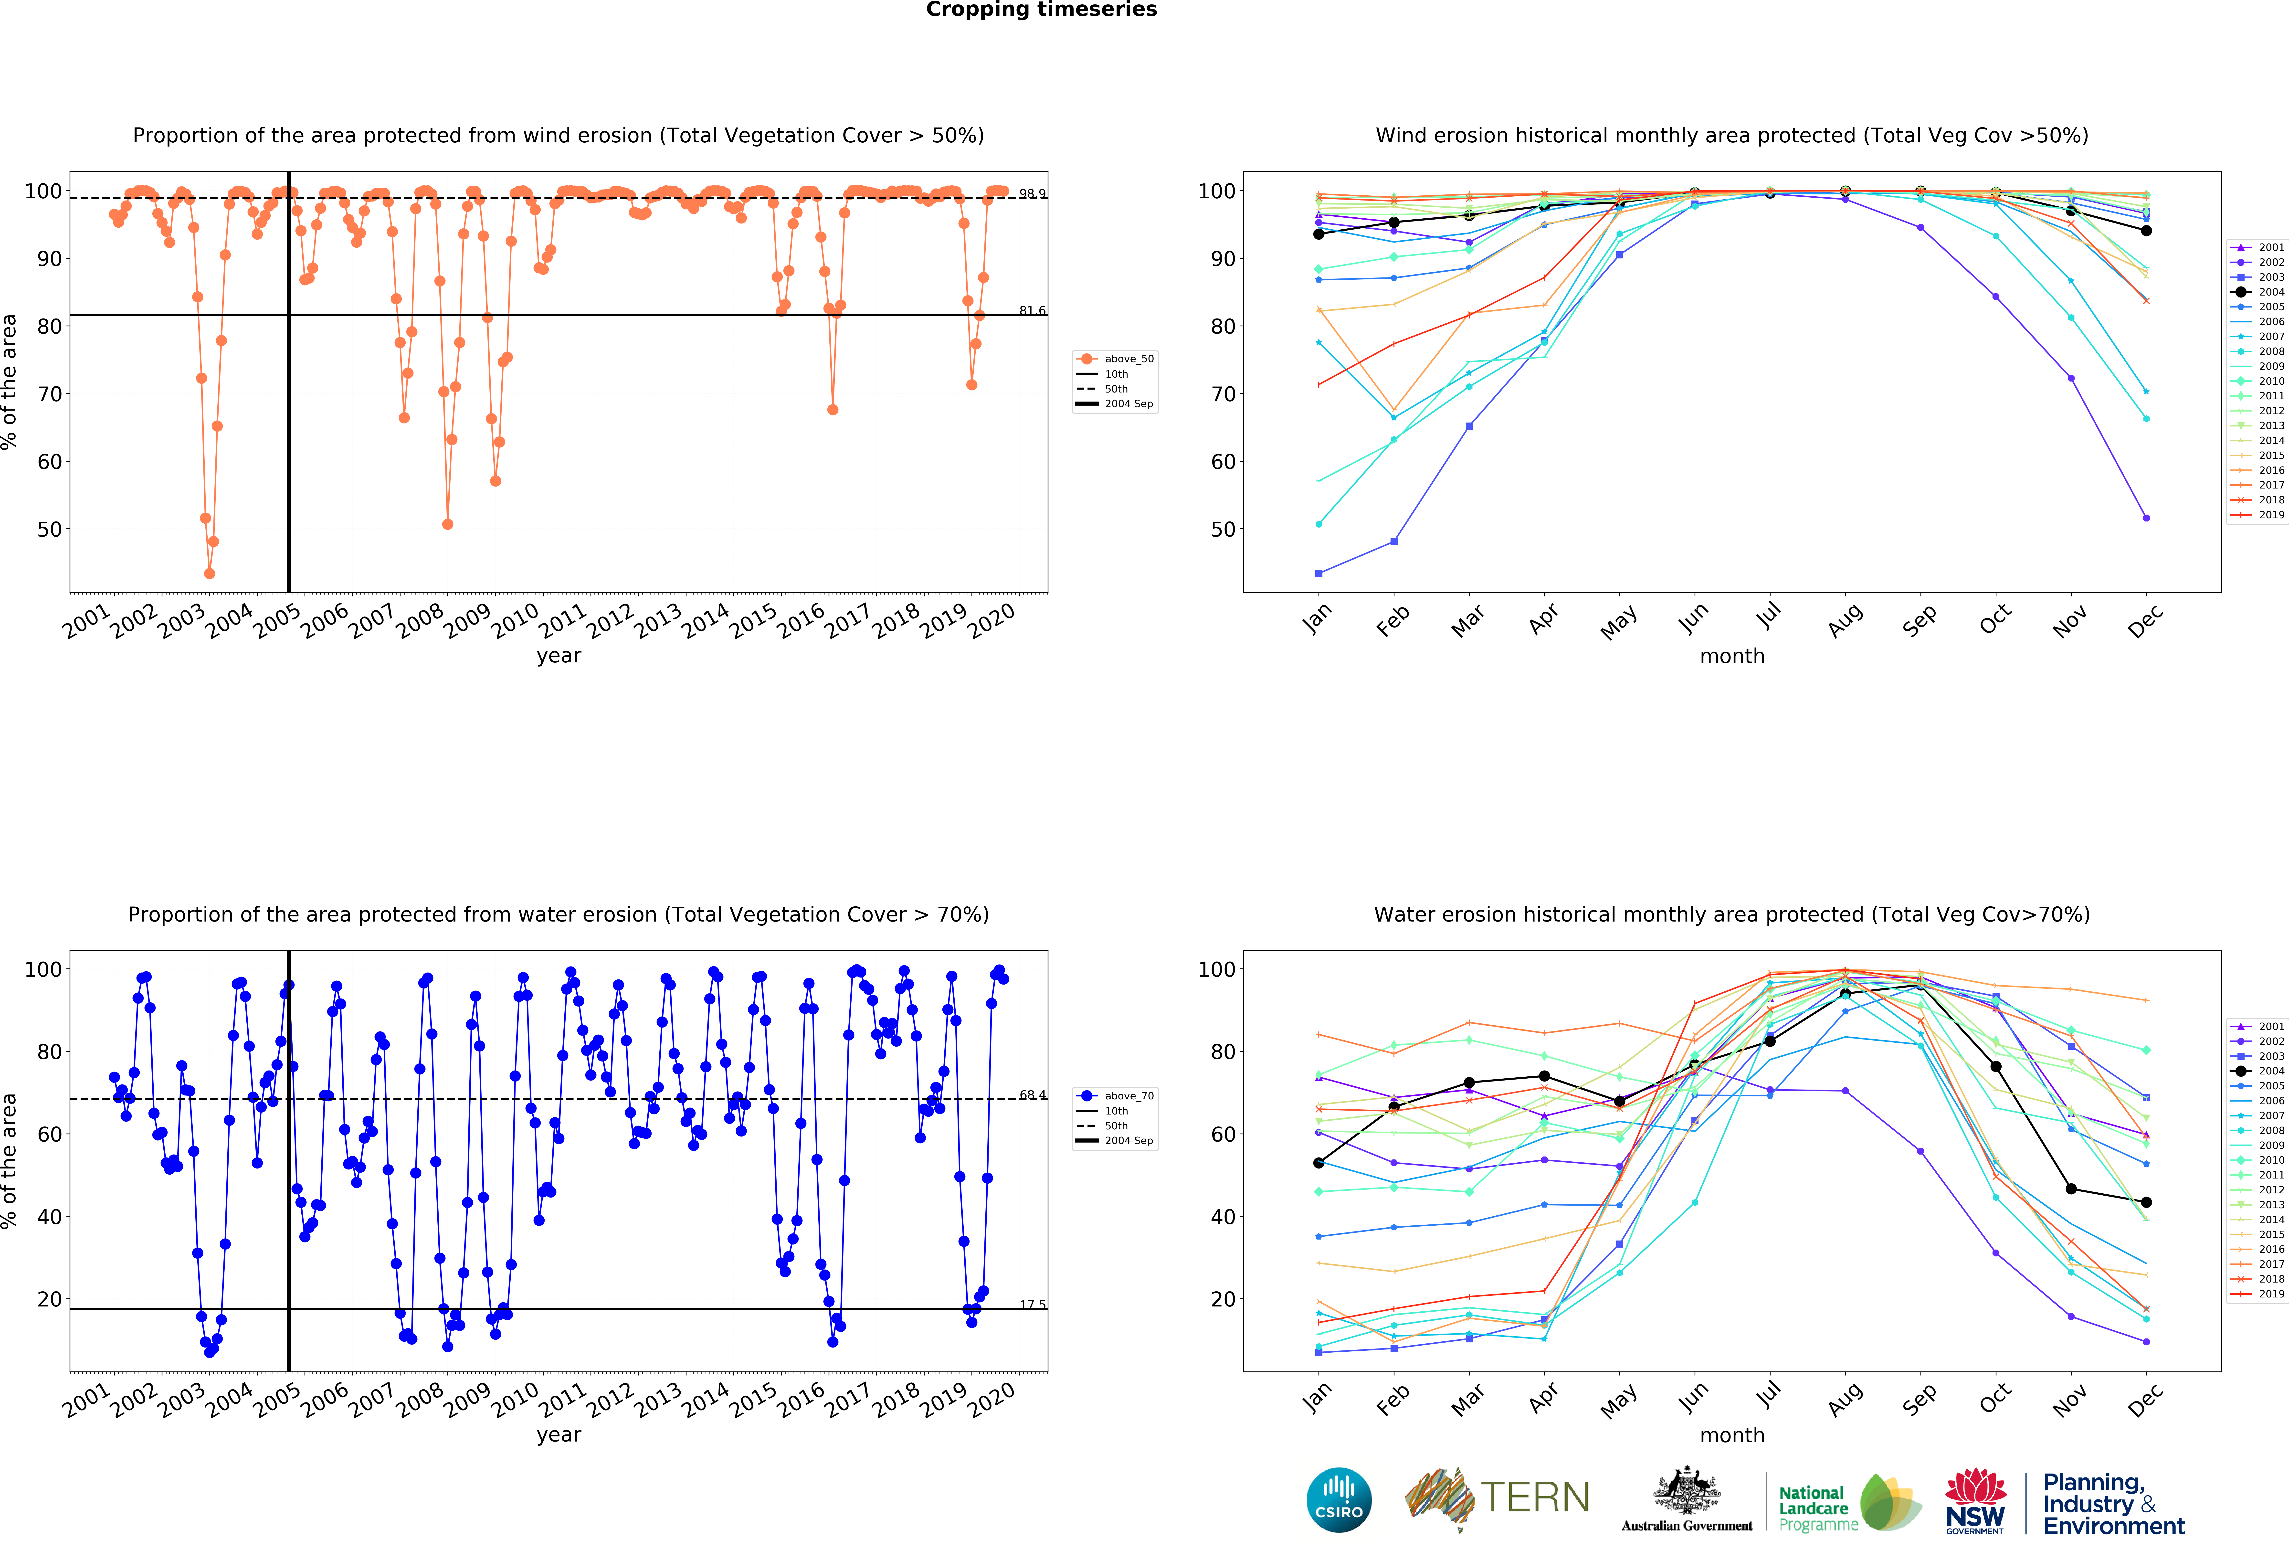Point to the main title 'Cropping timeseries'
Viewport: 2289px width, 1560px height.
1041,10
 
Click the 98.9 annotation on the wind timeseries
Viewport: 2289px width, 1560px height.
1032,194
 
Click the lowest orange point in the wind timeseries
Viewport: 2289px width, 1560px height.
209,573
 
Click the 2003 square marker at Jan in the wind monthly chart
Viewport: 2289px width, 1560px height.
1319,573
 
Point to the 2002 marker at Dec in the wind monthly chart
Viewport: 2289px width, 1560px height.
2146,518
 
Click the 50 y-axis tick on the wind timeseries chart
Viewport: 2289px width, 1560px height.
49,530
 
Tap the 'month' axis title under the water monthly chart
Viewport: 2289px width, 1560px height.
1731,1435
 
